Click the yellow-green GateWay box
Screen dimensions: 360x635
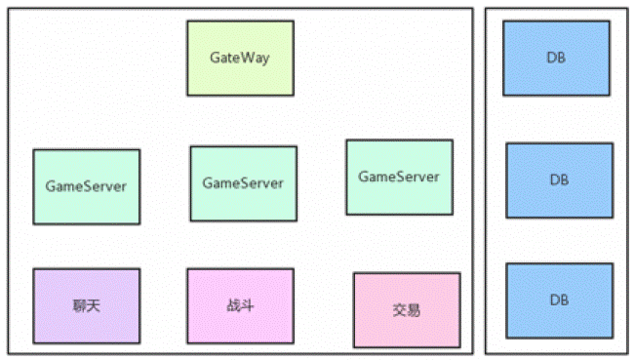[x=240, y=59]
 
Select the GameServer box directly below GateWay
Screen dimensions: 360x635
[x=243, y=183]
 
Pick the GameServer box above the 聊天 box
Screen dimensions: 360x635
[x=86, y=186]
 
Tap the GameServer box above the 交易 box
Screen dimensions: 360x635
[x=399, y=177]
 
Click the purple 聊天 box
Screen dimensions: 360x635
[x=86, y=305]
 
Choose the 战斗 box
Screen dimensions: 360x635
[x=240, y=305]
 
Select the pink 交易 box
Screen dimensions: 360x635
[x=406, y=310]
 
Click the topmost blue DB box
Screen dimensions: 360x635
[x=558, y=59]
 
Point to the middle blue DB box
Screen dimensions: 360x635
[x=559, y=180]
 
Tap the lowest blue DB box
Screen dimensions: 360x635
[x=559, y=300]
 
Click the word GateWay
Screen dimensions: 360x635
[x=240, y=58]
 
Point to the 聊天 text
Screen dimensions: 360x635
[x=86, y=305]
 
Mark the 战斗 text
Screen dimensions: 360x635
[x=240, y=305]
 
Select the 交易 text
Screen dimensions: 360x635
[x=406, y=310]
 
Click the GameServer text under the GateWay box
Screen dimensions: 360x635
[x=243, y=183]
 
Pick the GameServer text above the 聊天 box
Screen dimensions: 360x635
[x=86, y=185]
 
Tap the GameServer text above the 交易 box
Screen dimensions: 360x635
[x=399, y=177]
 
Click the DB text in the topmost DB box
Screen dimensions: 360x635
[x=558, y=59]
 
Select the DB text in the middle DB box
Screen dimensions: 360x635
[x=559, y=180]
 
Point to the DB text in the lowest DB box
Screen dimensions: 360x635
[x=559, y=300]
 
